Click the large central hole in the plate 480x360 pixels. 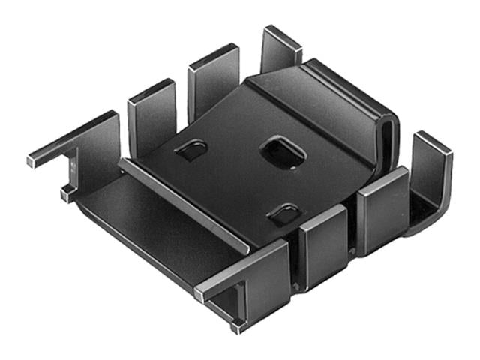pos(282,152)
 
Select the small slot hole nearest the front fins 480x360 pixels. pos(284,216)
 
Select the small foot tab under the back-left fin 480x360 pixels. pos(67,193)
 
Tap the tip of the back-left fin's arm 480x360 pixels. pos(32,160)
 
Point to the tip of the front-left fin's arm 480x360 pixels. pos(199,294)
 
